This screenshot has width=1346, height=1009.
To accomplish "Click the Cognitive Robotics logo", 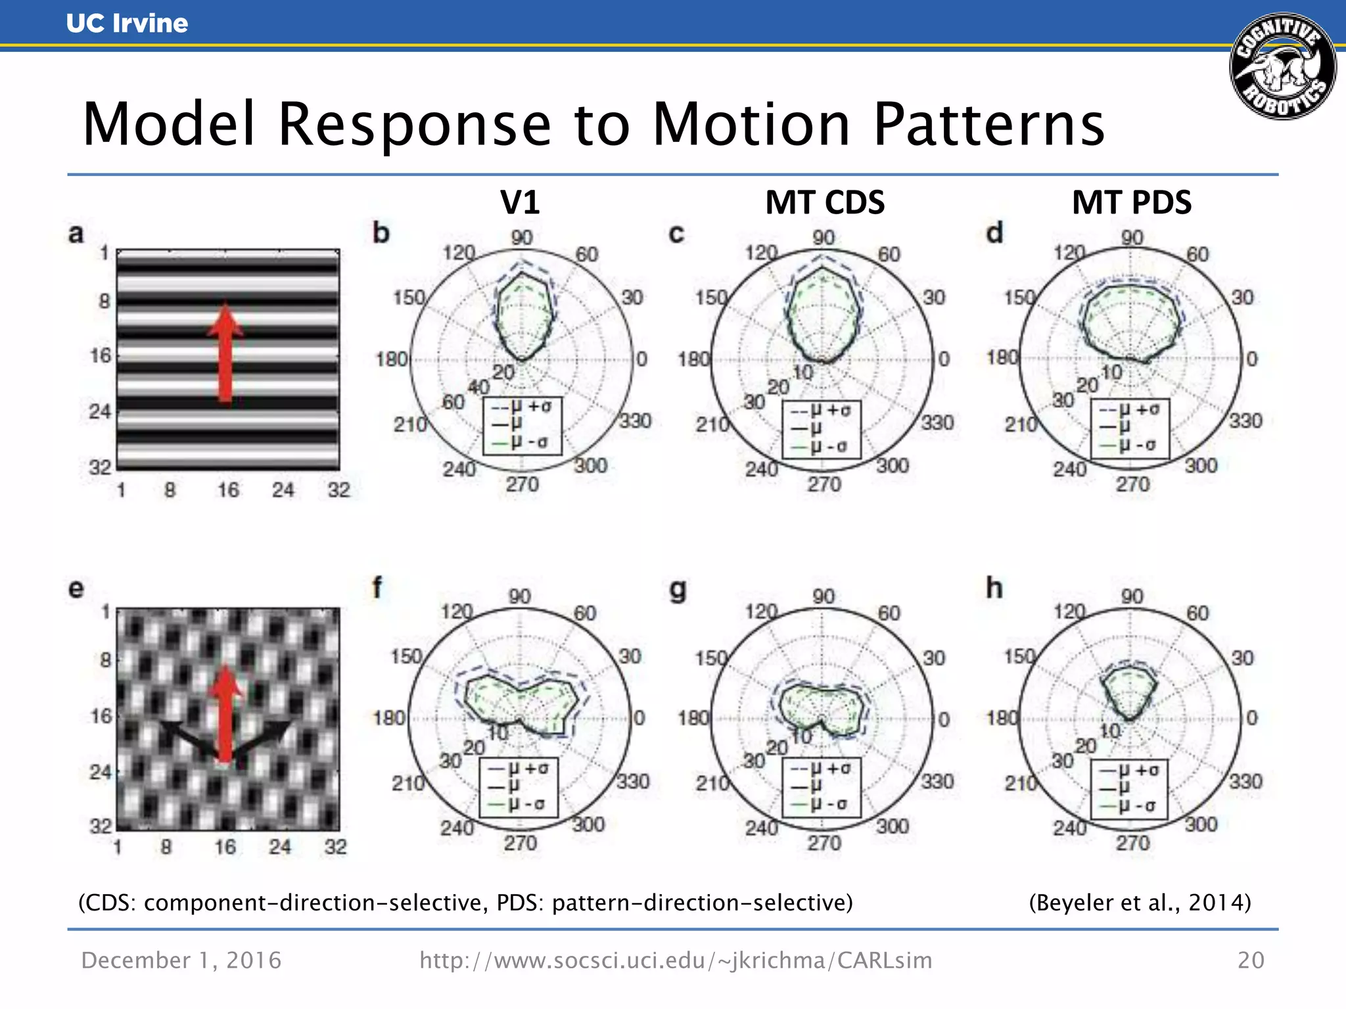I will tap(1282, 66).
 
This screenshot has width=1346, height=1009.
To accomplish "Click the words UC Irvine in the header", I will tap(127, 24).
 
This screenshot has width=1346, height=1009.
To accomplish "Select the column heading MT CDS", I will tap(825, 202).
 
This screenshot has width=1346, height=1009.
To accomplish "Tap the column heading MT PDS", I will tap(1131, 202).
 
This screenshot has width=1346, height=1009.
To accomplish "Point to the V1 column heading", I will tap(520, 202).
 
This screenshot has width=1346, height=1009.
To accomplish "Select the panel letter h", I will tap(994, 589).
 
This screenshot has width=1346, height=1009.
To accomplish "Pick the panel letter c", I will tap(676, 234).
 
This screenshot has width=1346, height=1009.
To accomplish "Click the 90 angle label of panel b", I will tap(522, 238).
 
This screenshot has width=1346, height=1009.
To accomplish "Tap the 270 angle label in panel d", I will tap(1133, 485).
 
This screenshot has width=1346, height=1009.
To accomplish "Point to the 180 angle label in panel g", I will tap(693, 718).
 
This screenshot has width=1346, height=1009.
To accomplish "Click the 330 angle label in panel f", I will tap(633, 781).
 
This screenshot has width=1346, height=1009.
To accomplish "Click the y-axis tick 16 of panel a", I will tap(101, 356).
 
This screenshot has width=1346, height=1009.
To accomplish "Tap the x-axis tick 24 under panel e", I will tap(279, 847).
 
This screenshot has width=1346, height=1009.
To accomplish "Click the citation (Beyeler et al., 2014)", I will tap(1140, 903).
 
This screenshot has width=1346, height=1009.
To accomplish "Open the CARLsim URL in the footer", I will tap(676, 960).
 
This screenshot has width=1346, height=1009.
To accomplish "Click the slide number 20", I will tap(1251, 960).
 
